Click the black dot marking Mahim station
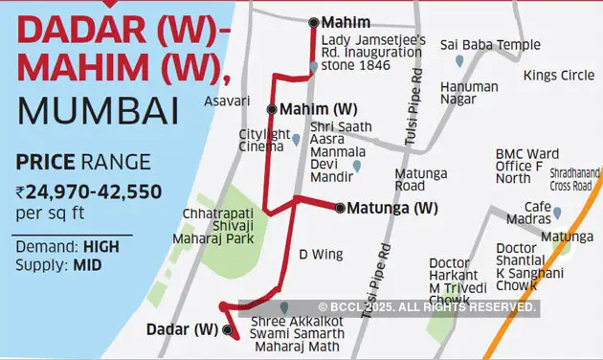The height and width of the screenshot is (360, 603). [x=314, y=22]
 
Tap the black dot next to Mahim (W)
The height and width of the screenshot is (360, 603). [x=272, y=109]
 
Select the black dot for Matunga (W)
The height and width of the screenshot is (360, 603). [x=338, y=207]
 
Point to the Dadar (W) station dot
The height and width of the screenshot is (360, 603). [x=228, y=329]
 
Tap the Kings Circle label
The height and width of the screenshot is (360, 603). [x=552, y=76]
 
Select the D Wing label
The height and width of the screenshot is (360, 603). [x=317, y=255]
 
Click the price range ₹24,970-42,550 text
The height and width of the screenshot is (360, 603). [x=88, y=191]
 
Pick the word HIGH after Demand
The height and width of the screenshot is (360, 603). [x=100, y=246]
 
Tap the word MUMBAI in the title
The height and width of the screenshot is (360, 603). [x=98, y=111]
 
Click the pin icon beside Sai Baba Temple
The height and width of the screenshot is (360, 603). [x=459, y=61]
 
